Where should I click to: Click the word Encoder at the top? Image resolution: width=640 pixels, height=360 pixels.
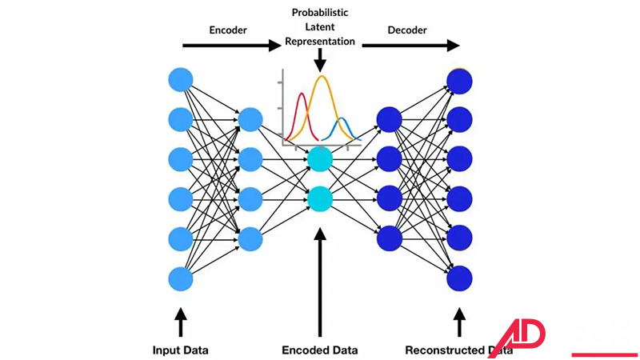point(228,30)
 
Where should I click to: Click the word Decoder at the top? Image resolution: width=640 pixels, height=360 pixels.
point(407,30)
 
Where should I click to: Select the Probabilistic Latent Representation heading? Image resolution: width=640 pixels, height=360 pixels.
point(319,28)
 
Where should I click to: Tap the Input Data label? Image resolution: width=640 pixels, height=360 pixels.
point(180,350)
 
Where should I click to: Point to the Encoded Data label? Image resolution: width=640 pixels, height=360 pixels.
point(319,350)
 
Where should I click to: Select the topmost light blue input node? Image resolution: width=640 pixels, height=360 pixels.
point(181,81)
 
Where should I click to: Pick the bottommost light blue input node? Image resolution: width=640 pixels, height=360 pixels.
point(181,279)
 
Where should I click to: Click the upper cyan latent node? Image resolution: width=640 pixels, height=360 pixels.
point(319,158)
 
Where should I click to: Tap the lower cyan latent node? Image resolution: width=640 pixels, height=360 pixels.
point(319,198)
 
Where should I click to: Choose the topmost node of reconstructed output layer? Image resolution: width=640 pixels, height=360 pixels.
point(459,81)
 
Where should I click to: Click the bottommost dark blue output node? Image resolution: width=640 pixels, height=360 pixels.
point(459,279)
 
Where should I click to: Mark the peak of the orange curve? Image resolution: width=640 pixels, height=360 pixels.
point(322,77)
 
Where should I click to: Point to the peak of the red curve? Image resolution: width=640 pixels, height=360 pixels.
point(302,94)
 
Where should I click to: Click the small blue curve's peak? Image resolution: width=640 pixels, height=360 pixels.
point(342,119)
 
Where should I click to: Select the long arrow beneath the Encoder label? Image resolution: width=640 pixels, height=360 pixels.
point(228,46)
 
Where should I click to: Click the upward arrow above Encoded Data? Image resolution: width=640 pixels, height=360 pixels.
point(319,280)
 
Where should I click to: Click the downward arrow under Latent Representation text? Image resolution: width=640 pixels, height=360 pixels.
point(319,58)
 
